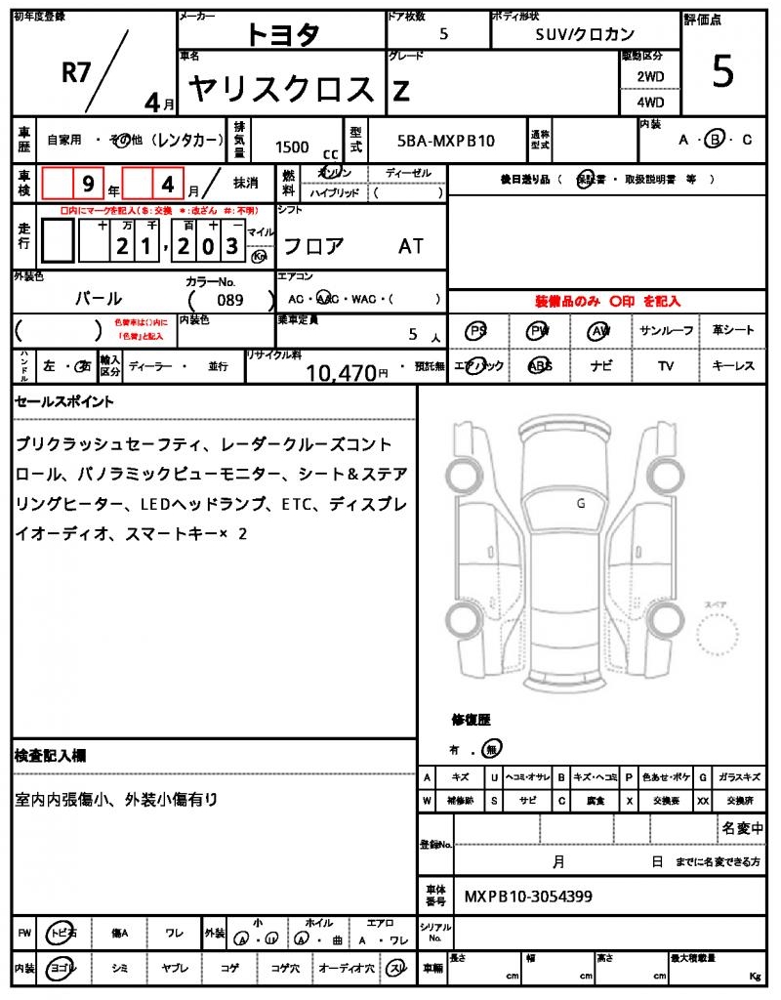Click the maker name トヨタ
(x=282, y=34)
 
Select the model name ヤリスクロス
(x=281, y=90)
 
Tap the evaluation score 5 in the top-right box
(x=722, y=73)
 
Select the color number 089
(x=230, y=300)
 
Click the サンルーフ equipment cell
(x=667, y=330)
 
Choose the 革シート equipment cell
(x=733, y=330)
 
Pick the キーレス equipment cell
(x=733, y=365)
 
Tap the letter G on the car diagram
(x=580, y=504)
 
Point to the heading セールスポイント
(x=63, y=401)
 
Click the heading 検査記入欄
(x=51, y=756)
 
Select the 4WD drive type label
(x=650, y=102)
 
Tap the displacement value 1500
(x=292, y=146)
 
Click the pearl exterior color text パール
(x=99, y=299)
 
